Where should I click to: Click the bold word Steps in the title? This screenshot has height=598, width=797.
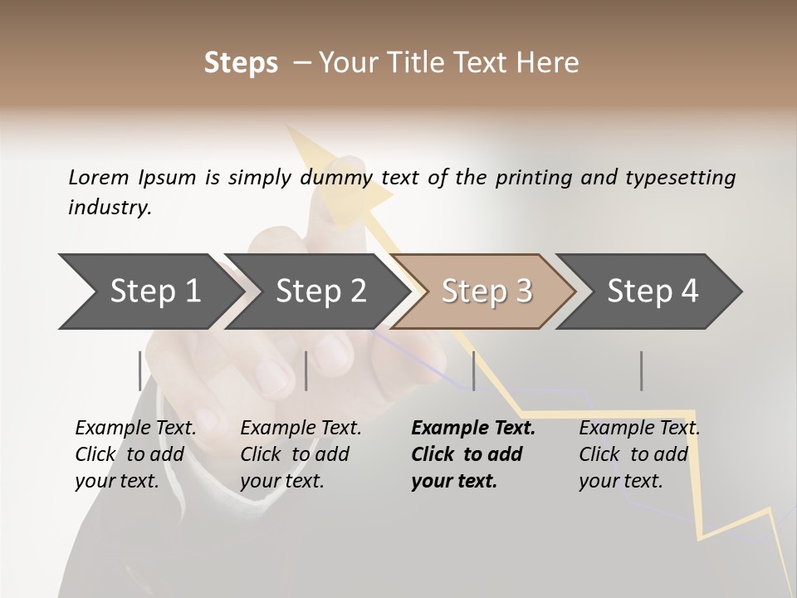coord(241,63)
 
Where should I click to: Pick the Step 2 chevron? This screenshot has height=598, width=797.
coord(320,291)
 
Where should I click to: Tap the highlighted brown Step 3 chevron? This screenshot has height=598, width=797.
coord(486,291)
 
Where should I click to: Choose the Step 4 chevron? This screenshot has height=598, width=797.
coord(652,291)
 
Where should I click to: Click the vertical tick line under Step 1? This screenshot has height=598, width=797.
coord(139,370)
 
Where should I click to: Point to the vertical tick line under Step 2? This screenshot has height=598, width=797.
coord(306,370)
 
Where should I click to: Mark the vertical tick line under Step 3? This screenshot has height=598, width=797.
coord(474,370)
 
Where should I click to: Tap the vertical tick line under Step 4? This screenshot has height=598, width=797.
coord(642,370)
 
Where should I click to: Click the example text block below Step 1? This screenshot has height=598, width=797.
coord(135,454)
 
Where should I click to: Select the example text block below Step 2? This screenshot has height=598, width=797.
coord(301,454)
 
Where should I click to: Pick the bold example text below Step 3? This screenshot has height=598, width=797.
coord(472,454)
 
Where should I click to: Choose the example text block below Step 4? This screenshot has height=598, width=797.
coord(639,454)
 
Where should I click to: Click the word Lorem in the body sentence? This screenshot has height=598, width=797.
coord(99,177)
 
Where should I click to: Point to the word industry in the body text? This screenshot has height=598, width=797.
coord(110,208)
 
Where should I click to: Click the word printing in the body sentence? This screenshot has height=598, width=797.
coord(534,178)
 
